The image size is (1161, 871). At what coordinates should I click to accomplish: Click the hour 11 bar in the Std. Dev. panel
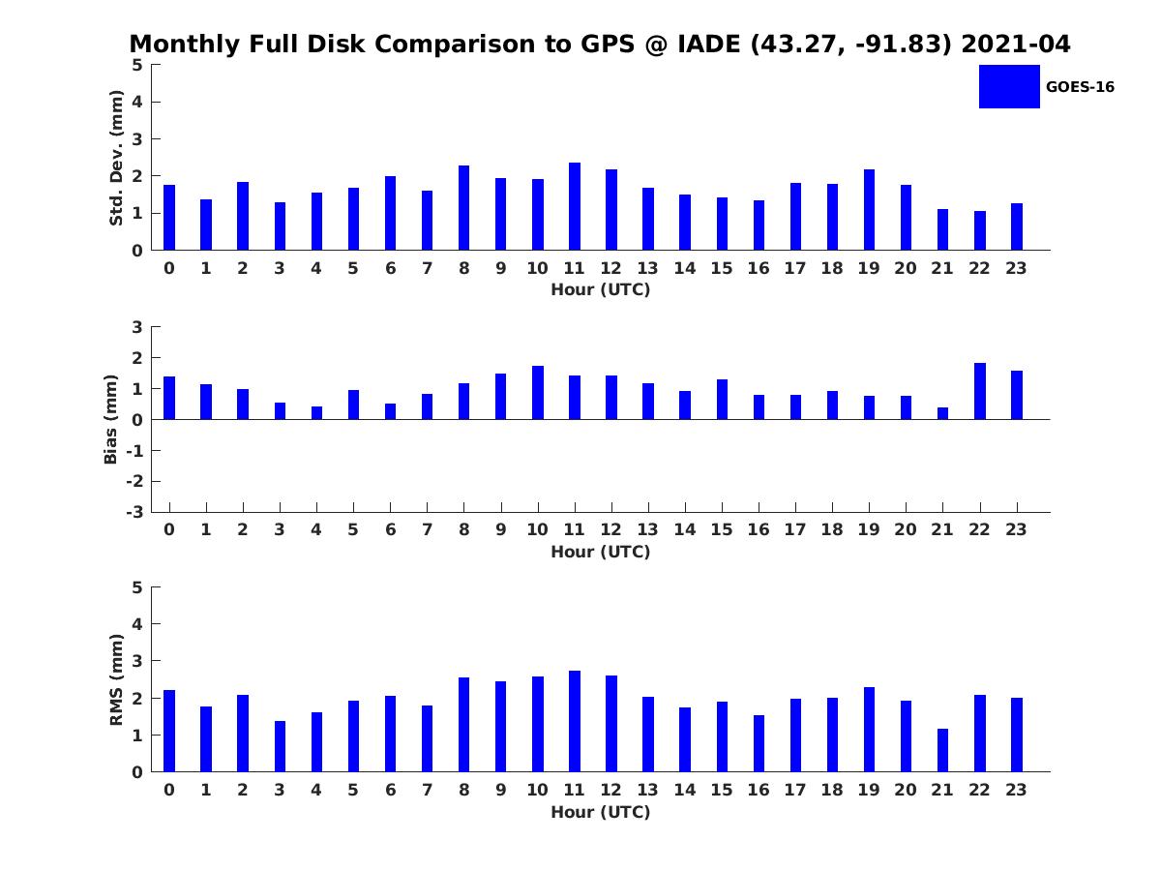coord(575,206)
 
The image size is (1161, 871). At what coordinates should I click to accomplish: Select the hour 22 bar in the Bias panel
coord(980,391)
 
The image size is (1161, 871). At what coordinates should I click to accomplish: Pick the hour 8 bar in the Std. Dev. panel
coord(464,208)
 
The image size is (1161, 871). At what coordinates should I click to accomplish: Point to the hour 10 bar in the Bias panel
coord(538,393)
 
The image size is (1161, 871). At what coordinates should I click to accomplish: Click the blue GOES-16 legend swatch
coord(1009,86)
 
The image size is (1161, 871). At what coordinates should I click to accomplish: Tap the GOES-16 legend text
coord(1080,87)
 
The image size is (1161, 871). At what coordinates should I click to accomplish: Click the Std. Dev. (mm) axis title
coord(116,158)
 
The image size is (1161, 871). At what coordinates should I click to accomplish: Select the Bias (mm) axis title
coord(111,419)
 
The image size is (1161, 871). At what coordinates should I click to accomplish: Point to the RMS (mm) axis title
coord(116,679)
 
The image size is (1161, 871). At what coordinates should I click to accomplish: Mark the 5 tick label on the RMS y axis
coord(137,587)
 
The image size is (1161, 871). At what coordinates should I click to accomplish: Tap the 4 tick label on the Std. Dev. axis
coord(137,102)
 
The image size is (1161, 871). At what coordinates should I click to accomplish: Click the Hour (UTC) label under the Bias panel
coord(600,552)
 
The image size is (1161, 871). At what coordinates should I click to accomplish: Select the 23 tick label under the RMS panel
coord(1017,790)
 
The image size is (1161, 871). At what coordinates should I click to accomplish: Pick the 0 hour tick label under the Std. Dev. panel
coord(169,268)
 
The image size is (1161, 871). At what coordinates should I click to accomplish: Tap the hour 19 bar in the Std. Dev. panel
coord(870,210)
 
